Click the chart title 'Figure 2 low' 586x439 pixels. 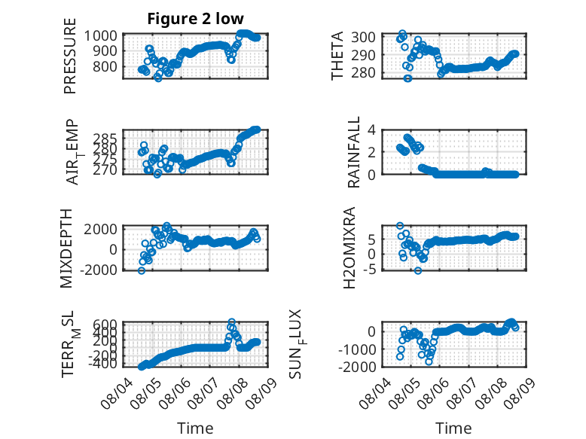pos(195,19)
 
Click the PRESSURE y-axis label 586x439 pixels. pos(70,56)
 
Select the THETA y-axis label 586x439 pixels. pos(337,56)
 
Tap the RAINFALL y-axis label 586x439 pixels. pos(353,152)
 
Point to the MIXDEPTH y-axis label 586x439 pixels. pos(66,248)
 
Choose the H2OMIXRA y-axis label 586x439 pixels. pos(349,248)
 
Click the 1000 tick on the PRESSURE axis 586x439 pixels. pos(100,36)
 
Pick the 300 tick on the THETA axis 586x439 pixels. pos(363,37)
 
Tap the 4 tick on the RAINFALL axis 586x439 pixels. pos(371,130)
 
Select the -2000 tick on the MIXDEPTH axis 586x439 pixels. pos(99,270)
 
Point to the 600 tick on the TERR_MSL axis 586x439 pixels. pos(104,324)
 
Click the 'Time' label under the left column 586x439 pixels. pos(195,428)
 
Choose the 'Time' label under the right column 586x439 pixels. pos(453,428)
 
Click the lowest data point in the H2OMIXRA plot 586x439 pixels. pos(418,270)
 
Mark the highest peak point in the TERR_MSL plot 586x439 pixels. pos(232,322)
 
